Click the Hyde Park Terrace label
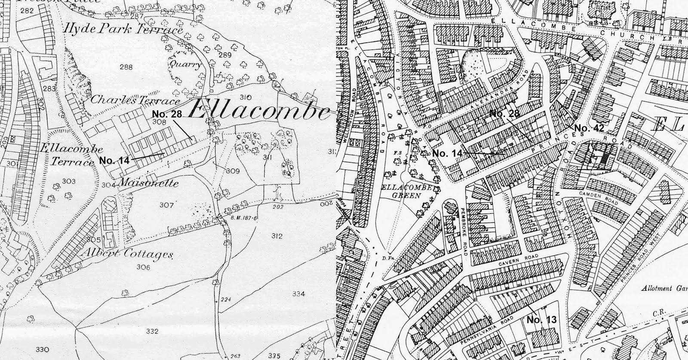[x=123, y=30]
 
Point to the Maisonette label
[x=147, y=183]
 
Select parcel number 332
[x=152, y=331]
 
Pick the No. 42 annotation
[x=589, y=128]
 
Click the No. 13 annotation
[x=541, y=320]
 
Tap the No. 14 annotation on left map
[x=114, y=160]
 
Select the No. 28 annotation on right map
[x=504, y=114]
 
